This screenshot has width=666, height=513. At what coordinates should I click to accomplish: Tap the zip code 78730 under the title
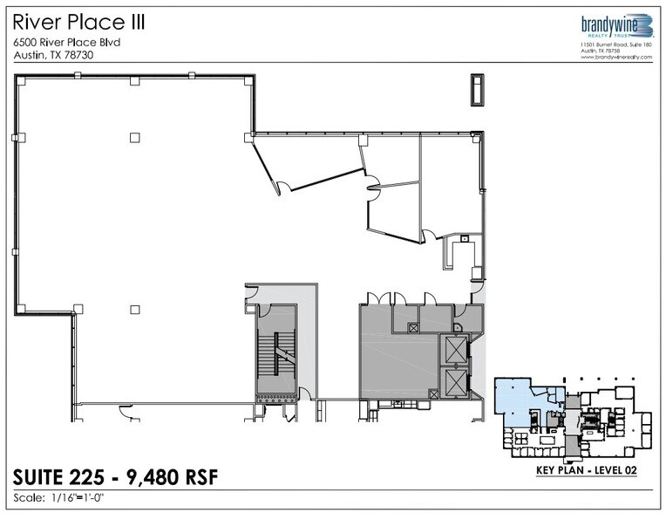(77, 54)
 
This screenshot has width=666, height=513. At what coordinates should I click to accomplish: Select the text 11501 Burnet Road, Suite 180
(616, 44)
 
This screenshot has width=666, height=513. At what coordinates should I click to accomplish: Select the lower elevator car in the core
(456, 381)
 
